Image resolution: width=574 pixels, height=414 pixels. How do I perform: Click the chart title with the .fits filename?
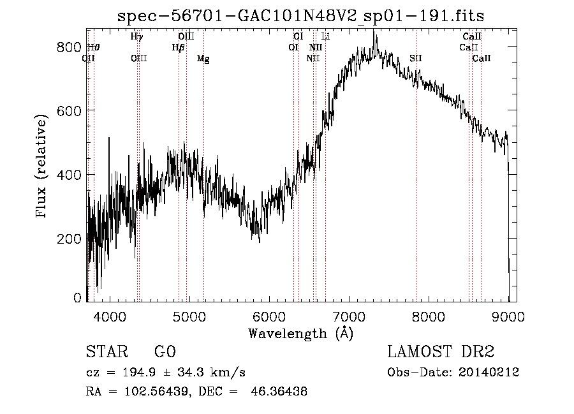[300, 16]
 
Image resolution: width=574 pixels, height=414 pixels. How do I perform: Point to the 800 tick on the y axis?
[69, 47]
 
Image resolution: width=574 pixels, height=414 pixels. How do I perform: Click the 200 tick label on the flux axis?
[69, 239]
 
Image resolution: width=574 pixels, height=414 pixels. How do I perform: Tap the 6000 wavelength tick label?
[269, 316]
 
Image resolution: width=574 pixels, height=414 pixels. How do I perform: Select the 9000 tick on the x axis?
[508, 316]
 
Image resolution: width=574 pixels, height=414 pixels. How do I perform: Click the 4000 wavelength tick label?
[110, 316]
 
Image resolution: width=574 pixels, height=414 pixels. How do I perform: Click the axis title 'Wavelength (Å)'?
[301, 334]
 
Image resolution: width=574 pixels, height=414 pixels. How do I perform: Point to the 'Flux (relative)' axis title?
[41, 166]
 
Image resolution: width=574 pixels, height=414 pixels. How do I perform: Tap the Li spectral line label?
[325, 36]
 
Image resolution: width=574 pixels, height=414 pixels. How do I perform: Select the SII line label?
[416, 58]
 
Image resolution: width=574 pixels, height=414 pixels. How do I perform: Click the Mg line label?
[203, 59]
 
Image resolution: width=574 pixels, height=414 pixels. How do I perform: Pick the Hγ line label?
[136, 36]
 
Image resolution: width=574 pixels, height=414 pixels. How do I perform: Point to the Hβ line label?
[178, 48]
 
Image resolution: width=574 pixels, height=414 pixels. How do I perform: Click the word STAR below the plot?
[107, 351]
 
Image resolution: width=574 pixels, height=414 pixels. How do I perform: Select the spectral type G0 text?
[165, 351]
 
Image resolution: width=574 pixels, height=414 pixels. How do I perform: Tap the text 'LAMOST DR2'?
[441, 351]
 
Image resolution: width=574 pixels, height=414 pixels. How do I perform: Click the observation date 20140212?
[489, 373]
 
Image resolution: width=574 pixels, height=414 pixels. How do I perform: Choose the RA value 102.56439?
[157, 391]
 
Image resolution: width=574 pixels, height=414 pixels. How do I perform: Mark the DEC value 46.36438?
[279, 391]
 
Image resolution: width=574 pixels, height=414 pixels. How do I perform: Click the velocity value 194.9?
[139, 373]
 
